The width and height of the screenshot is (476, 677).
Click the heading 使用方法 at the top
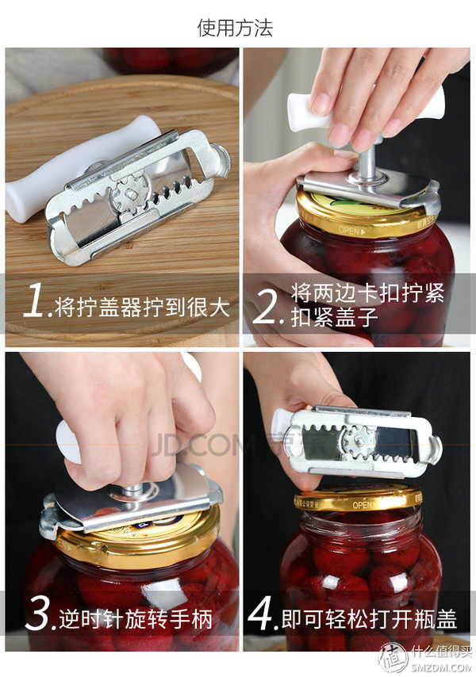click(235, 28)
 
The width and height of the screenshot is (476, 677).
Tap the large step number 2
click(267, 306)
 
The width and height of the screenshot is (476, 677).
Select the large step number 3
click(38, 613)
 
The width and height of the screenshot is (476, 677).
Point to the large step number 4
click(261, 613)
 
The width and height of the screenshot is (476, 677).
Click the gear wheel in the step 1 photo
click(130, 195)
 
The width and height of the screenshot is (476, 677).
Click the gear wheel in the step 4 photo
click(358, 441)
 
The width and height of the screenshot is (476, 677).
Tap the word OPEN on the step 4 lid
click(363, 505)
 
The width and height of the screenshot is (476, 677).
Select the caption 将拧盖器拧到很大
click(142, 307)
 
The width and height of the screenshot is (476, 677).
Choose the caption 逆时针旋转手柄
click(136, 618)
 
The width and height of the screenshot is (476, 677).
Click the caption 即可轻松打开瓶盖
click(369, 618)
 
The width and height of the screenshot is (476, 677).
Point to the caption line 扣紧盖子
click(334, 317)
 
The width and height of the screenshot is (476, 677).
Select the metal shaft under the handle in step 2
click(368, 161)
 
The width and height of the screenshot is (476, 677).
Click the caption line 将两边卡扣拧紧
click(367, 293)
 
